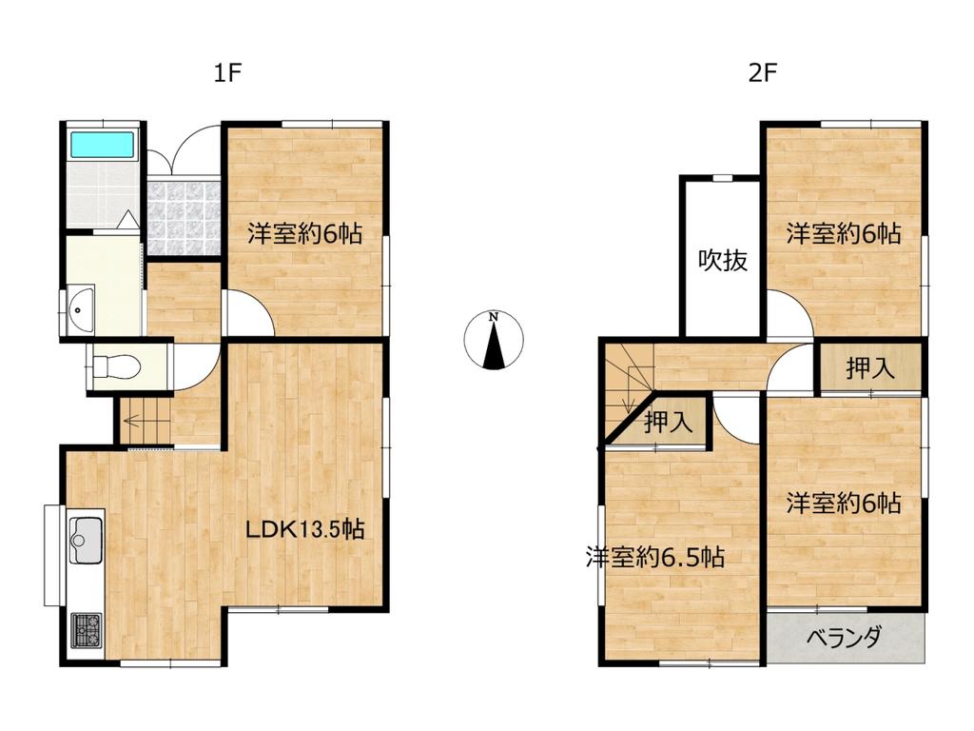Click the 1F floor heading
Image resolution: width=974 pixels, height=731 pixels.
click(226, 73)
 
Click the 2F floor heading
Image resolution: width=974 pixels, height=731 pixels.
click(763, 73)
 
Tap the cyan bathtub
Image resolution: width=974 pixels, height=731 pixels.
click(103, 145)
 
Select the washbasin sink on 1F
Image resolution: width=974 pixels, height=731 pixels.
click(80, 308)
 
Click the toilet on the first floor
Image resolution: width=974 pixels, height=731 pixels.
click(116, 365)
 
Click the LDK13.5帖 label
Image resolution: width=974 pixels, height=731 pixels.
click(305, 529)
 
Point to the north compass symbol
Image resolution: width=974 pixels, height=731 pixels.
click(494, 340)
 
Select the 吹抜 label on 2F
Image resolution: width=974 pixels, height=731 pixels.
click(723, 260)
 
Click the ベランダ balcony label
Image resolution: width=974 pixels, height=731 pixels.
click(845, 637)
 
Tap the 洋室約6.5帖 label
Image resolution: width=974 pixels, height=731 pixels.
click(654, 557)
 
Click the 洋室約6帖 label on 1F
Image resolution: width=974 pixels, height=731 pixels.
click(305, 234)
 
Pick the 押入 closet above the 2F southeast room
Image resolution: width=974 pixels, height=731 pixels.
click(870, 368)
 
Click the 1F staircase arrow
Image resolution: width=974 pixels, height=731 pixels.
click(146, 421)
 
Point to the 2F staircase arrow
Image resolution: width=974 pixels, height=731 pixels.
click(630, 388)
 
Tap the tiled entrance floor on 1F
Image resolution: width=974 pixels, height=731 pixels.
click(185, 217)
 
